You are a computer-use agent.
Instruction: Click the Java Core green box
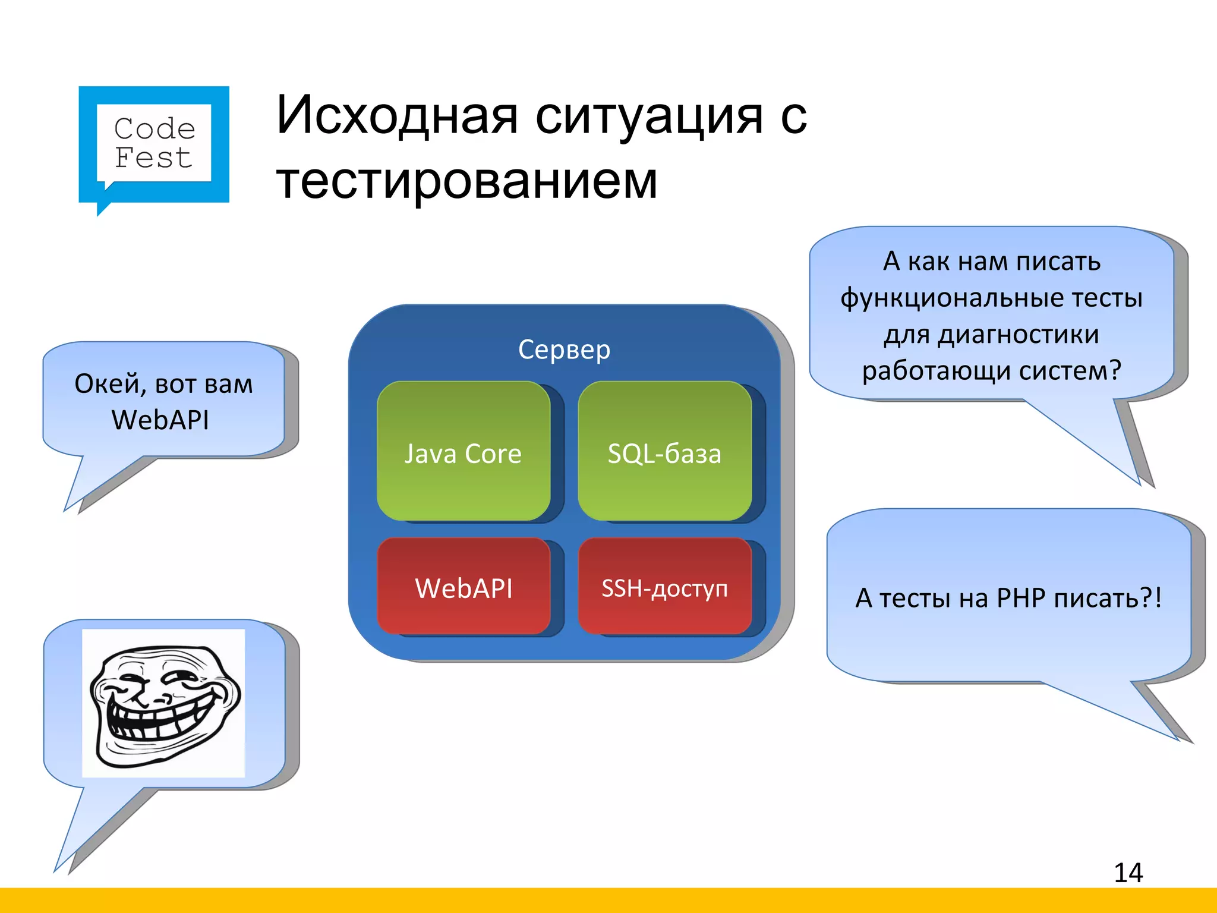click(x=463, y=452)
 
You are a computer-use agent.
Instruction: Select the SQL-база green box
click(x=664, y=452)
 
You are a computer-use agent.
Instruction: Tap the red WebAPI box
click(x=464, y=587)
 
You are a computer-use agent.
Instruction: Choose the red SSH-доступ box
click(x=664, y=587)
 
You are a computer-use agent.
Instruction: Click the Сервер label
click(x=564, y=350)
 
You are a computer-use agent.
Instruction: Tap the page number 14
click(x=1128, y=873)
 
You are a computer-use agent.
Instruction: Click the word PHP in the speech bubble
click(x=1021, y=598)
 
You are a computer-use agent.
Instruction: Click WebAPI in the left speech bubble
click(x=160, y=420)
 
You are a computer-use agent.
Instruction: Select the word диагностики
click(x=1018, y=334)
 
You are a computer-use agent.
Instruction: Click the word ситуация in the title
click(x=648, y=115)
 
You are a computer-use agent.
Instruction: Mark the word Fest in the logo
click(x=153, y=158)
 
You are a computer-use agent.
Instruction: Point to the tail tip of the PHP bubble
click(x=1178, y=739)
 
